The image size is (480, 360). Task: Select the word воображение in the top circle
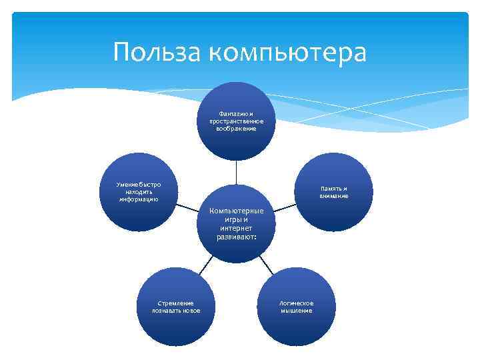click(x=236, y=129)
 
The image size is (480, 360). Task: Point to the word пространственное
click(x=236, y=121)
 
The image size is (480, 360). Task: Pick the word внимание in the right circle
click(x=333, y=196)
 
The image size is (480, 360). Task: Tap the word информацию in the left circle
click(x=139, y=199)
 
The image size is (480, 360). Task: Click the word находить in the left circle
click(x=138, y=191)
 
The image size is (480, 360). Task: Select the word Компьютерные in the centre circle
click(x=237, y=211)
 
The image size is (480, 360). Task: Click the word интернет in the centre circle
click(x=237, y=228)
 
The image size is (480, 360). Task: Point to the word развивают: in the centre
click(x=237, y=237)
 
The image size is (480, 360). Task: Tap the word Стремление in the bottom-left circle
click(x=176, y=303)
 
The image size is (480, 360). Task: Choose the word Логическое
click(x=297, y=303)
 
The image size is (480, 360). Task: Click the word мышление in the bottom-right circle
click(x=297, y=311)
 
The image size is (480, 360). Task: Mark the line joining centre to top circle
click(x=236, y=172)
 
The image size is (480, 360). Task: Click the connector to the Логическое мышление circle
click(x=265, y=265)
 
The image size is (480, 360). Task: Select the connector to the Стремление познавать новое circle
click(x=207, y=265)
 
